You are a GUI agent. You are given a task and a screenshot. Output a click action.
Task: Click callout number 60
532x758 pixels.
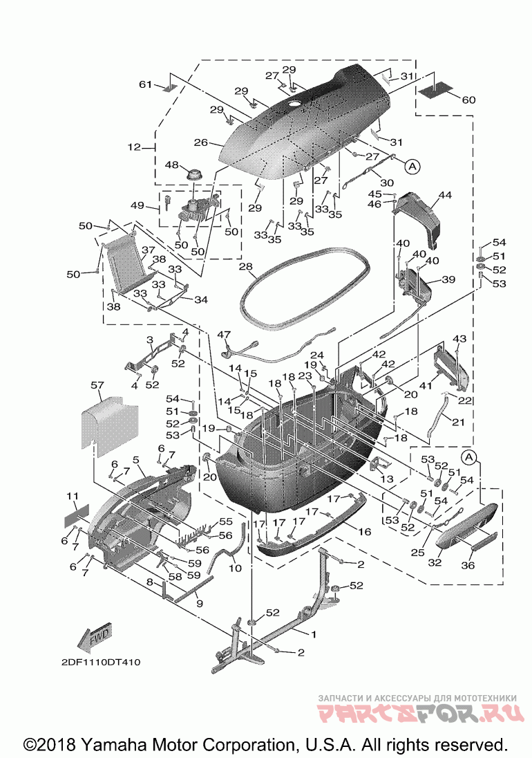[x=468, y=100]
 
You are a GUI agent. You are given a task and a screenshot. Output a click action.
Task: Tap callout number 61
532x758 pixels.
[x=145, y=84]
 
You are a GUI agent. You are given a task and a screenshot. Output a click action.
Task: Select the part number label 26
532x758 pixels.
[x=201, y=142]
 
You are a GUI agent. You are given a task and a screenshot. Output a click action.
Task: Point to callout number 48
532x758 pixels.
[x=172, y=165]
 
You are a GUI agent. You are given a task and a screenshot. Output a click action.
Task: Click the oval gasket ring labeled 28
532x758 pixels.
[x=305, y=290]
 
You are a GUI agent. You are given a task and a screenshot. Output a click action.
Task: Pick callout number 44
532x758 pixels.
[x=445, y=194]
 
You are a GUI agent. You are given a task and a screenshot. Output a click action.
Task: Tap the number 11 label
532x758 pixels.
[x=72, y=496]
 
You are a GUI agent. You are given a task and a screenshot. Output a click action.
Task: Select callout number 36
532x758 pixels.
[x=468, y=565]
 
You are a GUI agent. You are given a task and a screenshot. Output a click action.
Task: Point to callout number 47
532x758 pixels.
[x=224, y=335]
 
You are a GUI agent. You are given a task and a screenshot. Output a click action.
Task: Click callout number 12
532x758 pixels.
[x=134, y=147]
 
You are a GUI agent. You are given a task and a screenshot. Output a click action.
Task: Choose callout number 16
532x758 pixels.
[x=365, y=532]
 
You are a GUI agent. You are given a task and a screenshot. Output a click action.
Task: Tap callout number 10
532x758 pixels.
[x=235, y=568]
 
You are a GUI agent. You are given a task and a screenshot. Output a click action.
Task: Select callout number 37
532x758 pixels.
[x=149, y=250]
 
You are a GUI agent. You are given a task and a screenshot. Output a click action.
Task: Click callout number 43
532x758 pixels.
[x=459, y=339]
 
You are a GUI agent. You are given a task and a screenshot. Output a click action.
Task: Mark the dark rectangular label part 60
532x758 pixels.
[x=435, y=91]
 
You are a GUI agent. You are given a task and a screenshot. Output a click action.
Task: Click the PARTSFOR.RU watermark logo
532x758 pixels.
[x=420, y=713]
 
